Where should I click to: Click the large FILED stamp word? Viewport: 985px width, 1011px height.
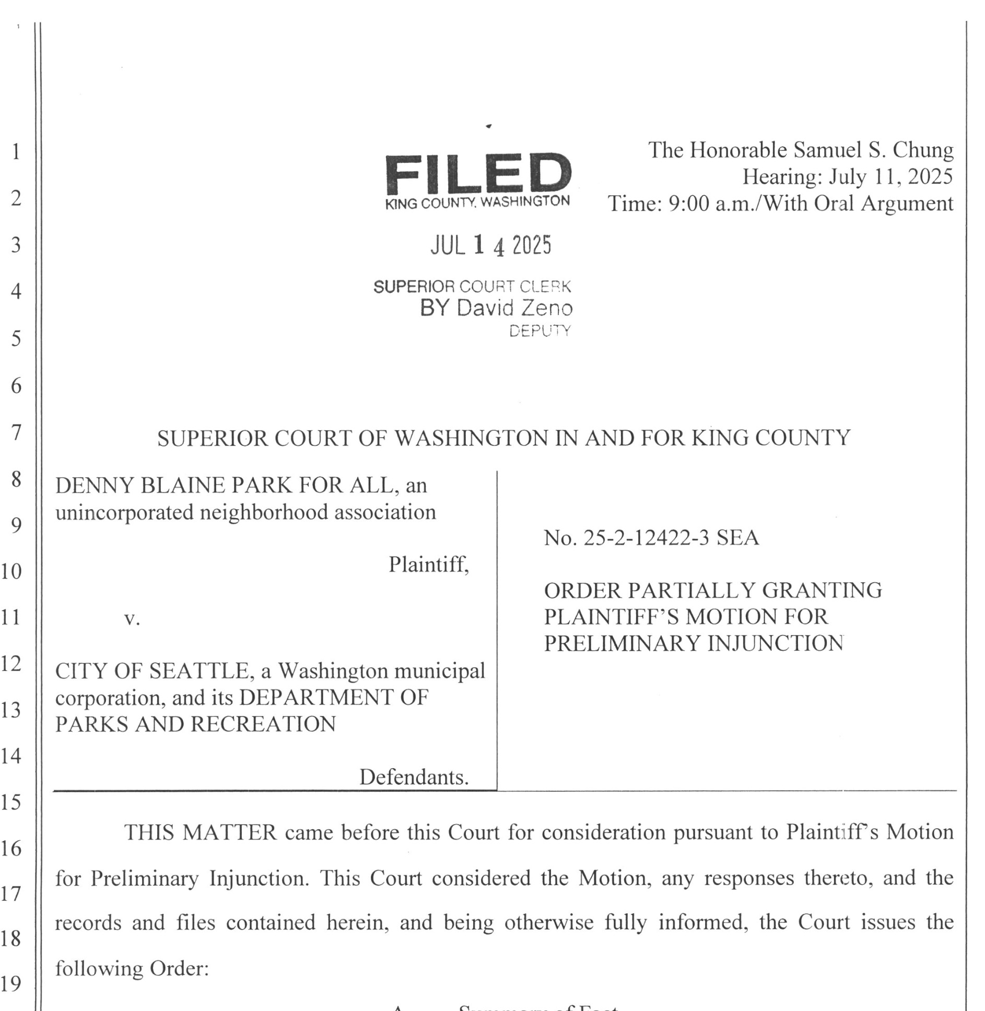point(477,174)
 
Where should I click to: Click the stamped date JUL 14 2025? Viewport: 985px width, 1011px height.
point(490,245)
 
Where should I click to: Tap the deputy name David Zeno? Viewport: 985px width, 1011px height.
point(514,308)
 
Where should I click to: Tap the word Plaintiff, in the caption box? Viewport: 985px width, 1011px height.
point(428,565)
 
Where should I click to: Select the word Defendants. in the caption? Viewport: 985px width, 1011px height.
point(414,777)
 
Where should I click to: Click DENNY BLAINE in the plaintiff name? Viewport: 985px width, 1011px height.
point(140,486)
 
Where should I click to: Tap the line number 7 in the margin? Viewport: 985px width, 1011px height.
point(16,432)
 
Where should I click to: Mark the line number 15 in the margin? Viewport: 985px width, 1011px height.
point(11,802)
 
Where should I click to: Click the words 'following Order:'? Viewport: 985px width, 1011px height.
point(132,969)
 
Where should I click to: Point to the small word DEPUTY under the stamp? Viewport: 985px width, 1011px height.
point(540,331)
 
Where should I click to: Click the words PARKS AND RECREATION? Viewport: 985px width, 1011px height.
point(195,724)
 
